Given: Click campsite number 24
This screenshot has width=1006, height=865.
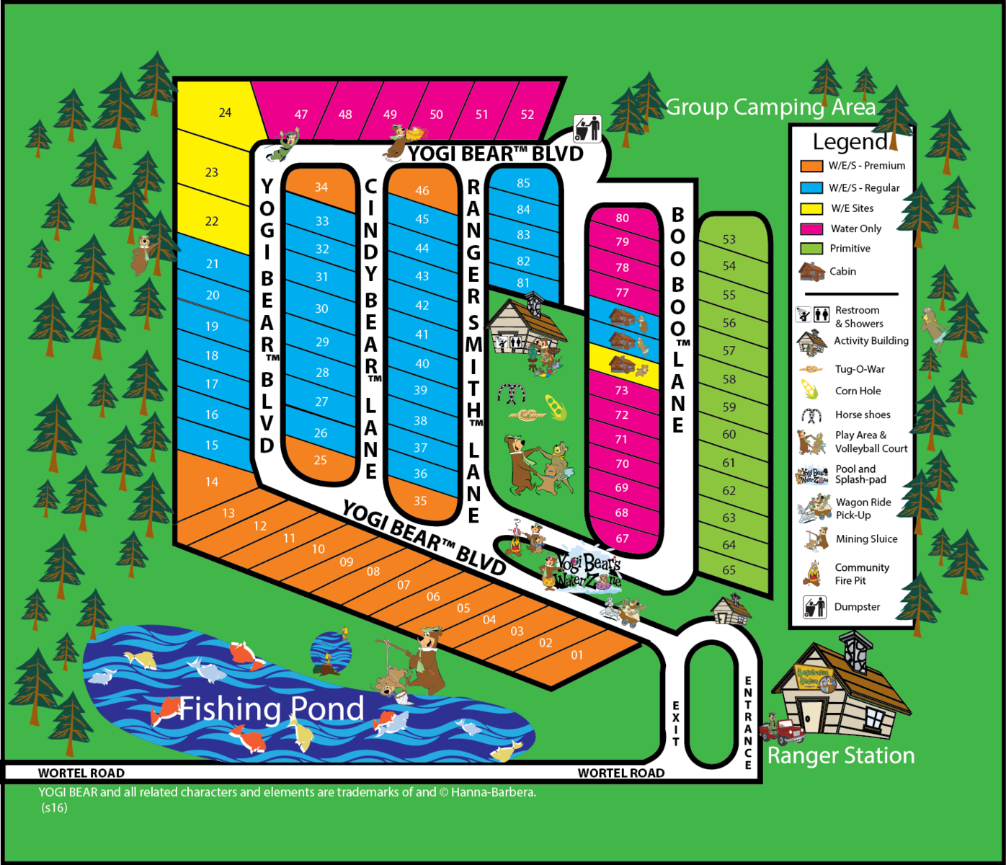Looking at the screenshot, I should pos(225,112).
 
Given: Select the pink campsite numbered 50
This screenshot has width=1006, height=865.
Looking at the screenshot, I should pos(436,115).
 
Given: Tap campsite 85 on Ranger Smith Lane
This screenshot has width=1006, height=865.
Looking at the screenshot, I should pos(523,183).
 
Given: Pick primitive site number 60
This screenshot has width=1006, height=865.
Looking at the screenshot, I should pos(729,435).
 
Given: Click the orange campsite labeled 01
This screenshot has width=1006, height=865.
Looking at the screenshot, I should pos(577,655).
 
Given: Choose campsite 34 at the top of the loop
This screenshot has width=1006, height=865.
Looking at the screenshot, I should pos(321,187).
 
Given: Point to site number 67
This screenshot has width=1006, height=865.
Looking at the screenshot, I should pos(622,538).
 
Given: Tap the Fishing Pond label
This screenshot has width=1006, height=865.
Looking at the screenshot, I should pos(271,709).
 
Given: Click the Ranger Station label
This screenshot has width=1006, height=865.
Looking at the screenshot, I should pos(841,755).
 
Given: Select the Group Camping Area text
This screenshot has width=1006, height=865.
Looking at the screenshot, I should pos(770,107).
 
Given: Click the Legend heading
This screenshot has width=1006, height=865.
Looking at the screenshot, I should pos(850,142).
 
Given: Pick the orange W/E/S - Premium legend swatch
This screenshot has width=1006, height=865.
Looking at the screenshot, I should pos(811,166).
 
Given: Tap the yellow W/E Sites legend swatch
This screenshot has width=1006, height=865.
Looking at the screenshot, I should pos(811,209).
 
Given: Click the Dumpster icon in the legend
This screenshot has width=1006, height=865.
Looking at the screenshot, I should pos(814,607).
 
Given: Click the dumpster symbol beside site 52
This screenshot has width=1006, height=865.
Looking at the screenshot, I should pos(587,129).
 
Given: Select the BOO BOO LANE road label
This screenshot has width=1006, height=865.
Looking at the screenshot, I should pos(677,321).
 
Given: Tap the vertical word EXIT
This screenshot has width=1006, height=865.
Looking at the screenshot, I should pos(676,723).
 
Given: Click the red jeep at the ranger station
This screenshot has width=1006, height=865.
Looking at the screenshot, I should pos(782,729).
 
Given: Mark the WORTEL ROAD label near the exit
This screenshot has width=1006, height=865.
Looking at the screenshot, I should pos(620,773).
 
